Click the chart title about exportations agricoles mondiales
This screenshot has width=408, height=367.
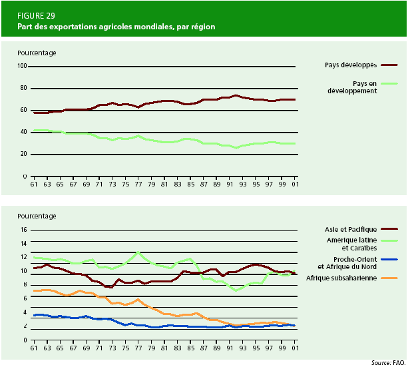(116, 27)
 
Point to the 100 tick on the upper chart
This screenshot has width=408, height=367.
(22, 66)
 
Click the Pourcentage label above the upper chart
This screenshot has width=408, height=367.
(37, 52)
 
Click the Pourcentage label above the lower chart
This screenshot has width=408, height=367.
(37, 216)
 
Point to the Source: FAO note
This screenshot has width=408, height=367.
(388, 362)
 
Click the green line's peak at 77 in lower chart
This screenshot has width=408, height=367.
(138, 252)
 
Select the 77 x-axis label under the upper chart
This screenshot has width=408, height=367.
(138, 184)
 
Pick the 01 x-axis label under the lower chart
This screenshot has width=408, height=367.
(294, 348)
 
